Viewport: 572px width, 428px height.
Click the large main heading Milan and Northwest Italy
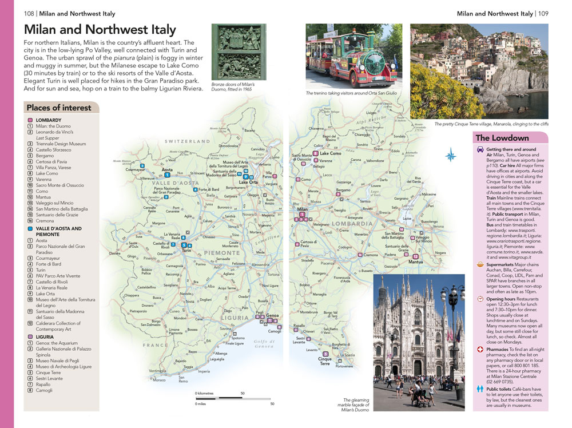click(100, 30)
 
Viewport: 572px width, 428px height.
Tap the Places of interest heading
click(58, 108)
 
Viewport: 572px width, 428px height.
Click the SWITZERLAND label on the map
click(188, 141)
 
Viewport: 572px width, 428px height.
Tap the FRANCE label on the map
click(155, 345)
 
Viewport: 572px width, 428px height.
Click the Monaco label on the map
click(159, 380)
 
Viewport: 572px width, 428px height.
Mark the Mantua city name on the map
click(416, 262)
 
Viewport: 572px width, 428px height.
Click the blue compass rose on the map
click(451, 154)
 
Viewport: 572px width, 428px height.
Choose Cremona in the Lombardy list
click(45, 221)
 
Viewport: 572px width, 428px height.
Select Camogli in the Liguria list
click(44, 391)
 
